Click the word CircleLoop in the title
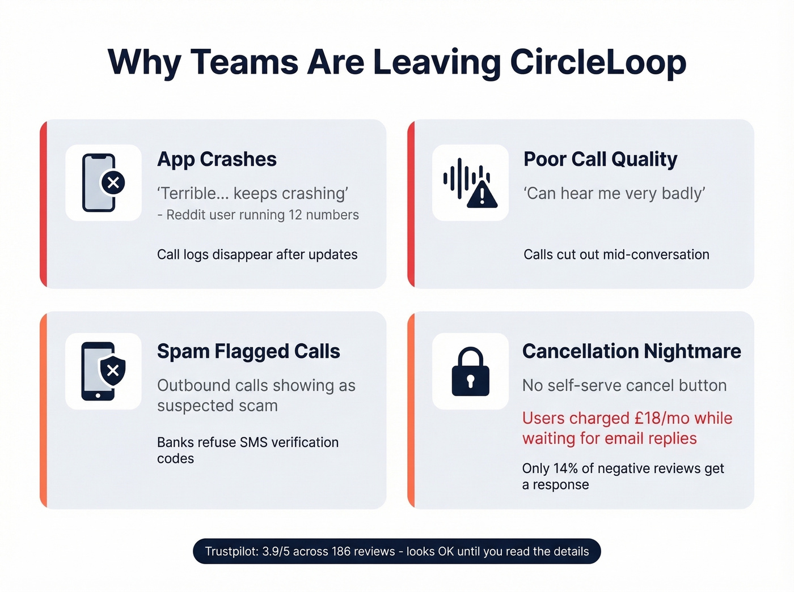(x=598, y=62)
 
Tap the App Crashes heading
(x=217, y=159)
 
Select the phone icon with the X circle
(x=103, y=182)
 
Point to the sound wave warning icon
(x=470, y=182)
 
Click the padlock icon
(x=470, y=372)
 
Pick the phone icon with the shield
(x=103, y=372)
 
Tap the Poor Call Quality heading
(x=600, y=159)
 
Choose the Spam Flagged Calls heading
(x=248, y=351)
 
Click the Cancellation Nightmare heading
(x=631, y=351)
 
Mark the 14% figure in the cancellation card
(x=565, y=469)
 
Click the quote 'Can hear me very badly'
(x=614, y=194)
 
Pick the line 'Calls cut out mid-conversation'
(x=616, y=255)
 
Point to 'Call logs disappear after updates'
(x=257, y=255)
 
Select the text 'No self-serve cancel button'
(x=624, y=386)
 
